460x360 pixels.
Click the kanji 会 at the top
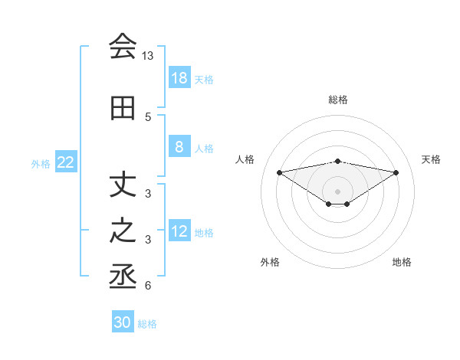(x=123, y=47)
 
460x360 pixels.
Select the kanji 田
(x=123, y=109)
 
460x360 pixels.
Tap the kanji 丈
(x=123, y=185)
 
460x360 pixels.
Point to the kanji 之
(x=123, y=231)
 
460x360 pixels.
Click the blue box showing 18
(x=179, y=78)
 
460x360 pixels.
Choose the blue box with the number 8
(x=179, y=148)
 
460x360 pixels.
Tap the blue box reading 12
(x=179, y=232)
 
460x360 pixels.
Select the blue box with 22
(x=66, y=162)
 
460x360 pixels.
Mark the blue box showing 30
(x=123, y=322)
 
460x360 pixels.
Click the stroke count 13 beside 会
(x=148, y=57)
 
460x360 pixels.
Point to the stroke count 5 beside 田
(x=148, y=117)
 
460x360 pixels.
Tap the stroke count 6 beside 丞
(x=148, y=286)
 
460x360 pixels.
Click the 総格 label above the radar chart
(x=338, y=100)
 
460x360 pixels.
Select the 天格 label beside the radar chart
(x=431, y=159)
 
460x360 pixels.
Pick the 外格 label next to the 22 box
(x=40, y=163)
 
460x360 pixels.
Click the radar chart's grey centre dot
(x=337, y=190)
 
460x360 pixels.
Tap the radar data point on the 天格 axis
(x=396, y=172)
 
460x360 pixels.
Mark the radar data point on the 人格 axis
(x=279, y=172)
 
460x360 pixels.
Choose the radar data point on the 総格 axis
(x=337, y=161)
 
